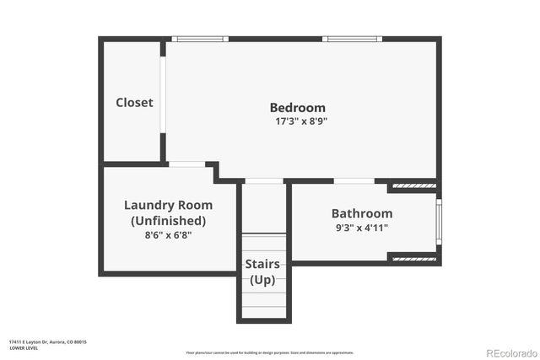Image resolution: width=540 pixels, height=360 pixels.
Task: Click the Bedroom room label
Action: (x=297, y=107)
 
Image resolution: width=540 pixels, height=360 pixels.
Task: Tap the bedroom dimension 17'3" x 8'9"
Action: (x=297, y=121)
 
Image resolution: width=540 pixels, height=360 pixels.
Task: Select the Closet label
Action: (x=134, y=102)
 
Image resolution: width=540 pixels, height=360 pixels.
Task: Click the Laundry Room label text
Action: (x=168, y=205)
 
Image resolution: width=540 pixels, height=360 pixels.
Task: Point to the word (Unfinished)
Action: (x=168, y=220)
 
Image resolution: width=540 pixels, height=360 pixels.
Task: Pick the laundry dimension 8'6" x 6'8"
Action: (x=168, y=235)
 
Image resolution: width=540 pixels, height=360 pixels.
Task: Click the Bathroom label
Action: (x=361, y=213)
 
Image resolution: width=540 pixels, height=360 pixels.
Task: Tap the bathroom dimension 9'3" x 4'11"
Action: (x=360, y=228)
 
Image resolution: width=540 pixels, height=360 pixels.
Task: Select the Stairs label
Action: (x=262, y=264)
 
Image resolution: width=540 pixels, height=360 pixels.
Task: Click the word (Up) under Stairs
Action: (x=262, y=279)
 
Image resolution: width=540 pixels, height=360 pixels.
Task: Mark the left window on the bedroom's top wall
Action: (x=200, y=39)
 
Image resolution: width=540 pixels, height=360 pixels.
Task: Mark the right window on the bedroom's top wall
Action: (x=352, y=39)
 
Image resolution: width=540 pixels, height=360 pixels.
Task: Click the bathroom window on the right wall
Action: (x=439, y=222)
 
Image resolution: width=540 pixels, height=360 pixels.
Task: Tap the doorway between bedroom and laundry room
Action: (x=187, y=164)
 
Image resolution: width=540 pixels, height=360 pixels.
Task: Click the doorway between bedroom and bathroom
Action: (x=354, y=181)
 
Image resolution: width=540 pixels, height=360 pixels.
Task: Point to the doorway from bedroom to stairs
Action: (x=263, y=181)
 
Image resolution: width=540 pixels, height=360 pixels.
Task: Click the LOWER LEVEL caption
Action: (x=24, y=347)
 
